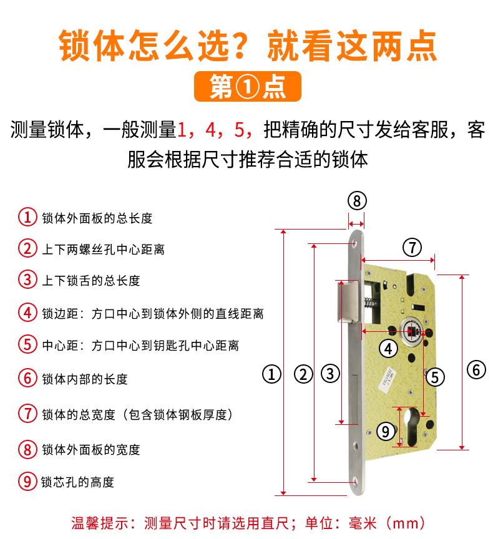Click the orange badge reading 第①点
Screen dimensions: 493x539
[x=248, y=86]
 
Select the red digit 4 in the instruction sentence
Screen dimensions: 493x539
[x=210, y=130]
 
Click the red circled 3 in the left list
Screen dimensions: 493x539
[x=27, y=279]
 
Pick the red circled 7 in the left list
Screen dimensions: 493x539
[x=27, y=414]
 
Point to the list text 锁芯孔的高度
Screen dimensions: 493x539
[x=77, y=482]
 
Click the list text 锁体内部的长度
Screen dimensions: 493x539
[x=85, y=379]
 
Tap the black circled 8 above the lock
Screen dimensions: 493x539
[x=357, y=201]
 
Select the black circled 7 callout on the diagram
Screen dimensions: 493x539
[x=412, y=248]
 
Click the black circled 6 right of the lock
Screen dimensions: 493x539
[x=476, y=370]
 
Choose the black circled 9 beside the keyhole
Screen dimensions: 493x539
[x=386, y=432]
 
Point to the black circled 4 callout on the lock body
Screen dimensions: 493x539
[x=388, y=349]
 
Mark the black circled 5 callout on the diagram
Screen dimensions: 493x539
[x=435, y=377]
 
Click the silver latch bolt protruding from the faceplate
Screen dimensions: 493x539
[x=348, y=301]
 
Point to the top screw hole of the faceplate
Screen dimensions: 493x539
[x=355, y=243]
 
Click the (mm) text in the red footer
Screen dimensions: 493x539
[x=406, y=523]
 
